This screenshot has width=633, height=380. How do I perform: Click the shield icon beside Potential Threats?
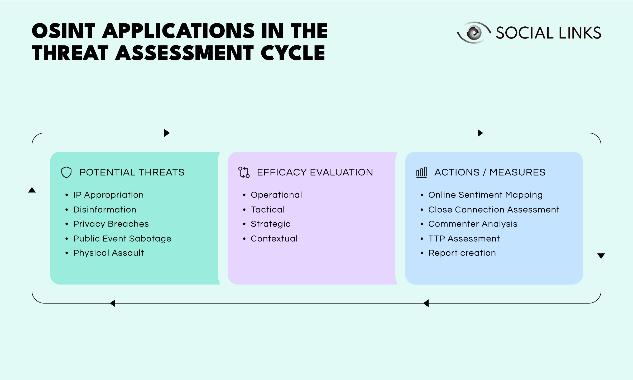click(x=66, y=172)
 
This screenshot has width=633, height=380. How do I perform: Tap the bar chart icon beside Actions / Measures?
click(x=421, y=172)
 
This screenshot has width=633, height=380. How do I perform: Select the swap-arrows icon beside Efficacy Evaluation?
click(x=244, y=172)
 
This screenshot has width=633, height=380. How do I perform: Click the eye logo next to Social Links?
click(x=474, y=33)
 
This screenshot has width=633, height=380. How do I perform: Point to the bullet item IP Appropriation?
click(x=108, y=195)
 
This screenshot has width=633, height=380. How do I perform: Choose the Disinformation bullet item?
click(x=105, y=210)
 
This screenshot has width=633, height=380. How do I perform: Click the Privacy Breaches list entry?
click(x=111, y=224)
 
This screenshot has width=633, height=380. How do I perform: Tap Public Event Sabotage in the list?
click(x=122, y=239)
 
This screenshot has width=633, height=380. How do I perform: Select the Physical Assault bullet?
click(x=108, y=253)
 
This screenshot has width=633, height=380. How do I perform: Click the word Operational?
click(x=276, y=195)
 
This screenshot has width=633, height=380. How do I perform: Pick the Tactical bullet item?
click(x=268, y=210)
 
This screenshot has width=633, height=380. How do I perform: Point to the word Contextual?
click(x=274, y=239)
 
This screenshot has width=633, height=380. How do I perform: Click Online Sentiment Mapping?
click(x=485, y=195)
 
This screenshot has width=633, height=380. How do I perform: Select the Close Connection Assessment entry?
click(x=493, y=210)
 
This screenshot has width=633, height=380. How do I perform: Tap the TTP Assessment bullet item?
click(x=464, y=239)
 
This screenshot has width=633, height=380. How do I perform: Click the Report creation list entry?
click(x=462, y=253)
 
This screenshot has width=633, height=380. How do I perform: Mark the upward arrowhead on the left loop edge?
click(x=32, y=190)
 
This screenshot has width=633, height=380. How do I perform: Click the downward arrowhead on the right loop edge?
click(x=601, y=256)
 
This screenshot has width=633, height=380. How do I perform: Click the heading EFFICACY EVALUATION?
click(x=315, y=172)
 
